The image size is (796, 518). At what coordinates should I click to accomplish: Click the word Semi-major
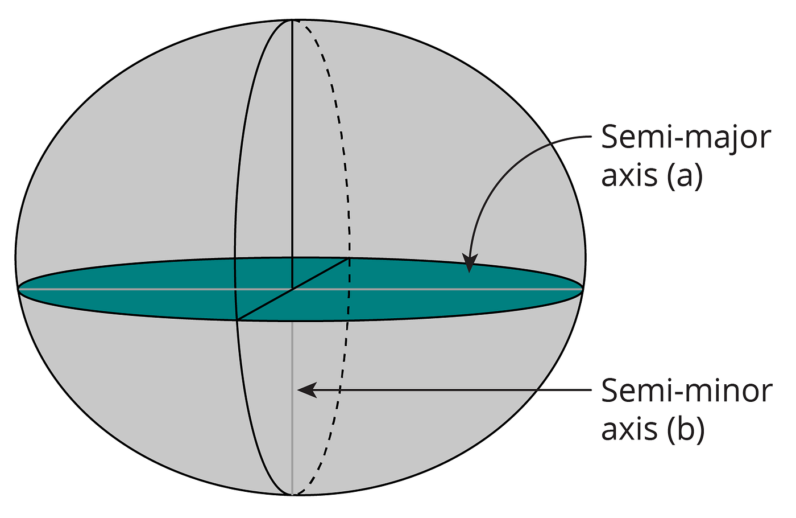tap(686, 139)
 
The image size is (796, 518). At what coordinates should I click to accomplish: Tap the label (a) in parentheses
tap(685, 176)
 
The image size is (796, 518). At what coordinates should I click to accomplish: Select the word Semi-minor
tap(687, 392)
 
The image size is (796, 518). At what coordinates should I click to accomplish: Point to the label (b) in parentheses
tap(686, 429)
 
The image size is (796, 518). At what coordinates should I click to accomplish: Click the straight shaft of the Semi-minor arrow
tap(455, 390)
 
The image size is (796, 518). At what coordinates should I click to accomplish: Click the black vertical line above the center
tap(292, 142)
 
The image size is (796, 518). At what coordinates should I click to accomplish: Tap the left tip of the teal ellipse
tap(19, 289)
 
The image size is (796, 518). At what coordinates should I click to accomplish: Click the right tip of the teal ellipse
tap(582, 289)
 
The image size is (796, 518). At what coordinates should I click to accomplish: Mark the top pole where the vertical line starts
tap(292, 20)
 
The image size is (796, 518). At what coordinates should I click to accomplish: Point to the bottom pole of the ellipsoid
tap(292, 494)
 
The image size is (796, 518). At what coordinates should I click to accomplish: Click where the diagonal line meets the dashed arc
tap(349, 258)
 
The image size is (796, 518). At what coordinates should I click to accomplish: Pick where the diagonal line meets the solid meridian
tap(237, 320)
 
